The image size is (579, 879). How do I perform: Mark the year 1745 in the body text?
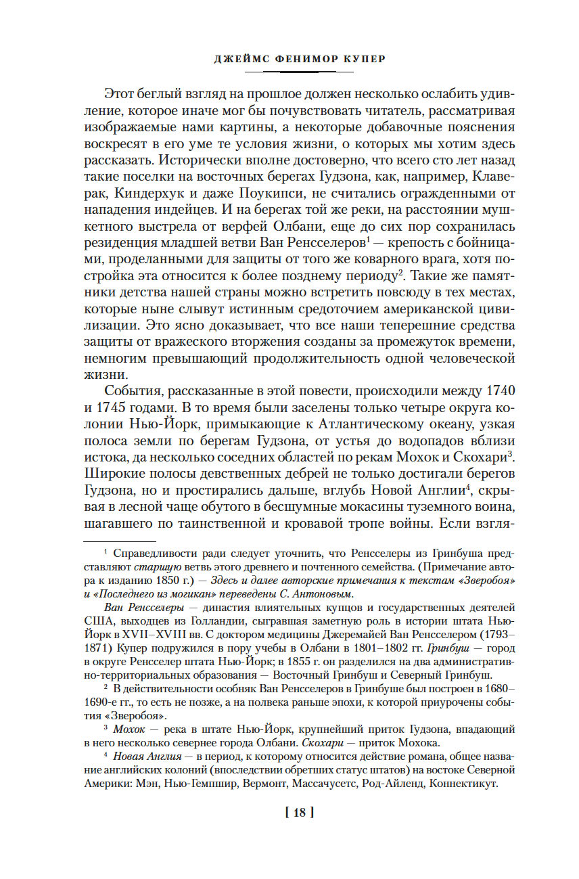point(117,409)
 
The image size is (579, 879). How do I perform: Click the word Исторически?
point(221,162)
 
